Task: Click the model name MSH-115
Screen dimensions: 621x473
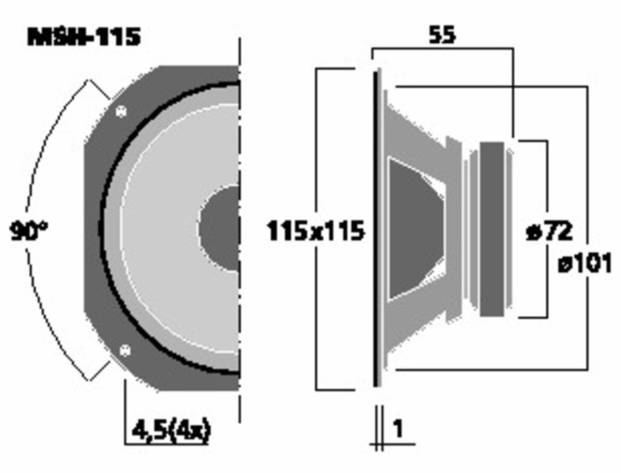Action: tap(84, 37)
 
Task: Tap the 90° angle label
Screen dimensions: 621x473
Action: tap(28, 231)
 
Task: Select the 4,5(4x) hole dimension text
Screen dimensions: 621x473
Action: tap(171, 431)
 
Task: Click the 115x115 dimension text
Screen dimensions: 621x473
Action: tap(316, 231)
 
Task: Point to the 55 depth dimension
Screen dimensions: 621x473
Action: tap(442, 35)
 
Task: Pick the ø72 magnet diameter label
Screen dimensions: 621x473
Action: tap(549, 231)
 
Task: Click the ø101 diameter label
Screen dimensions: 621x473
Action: tap(585, 263)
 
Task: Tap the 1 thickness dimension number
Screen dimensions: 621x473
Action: tap(398, 428)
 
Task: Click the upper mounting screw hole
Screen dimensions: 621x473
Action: tap(121, 111)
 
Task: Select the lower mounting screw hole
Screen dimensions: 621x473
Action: tap(125, 350)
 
